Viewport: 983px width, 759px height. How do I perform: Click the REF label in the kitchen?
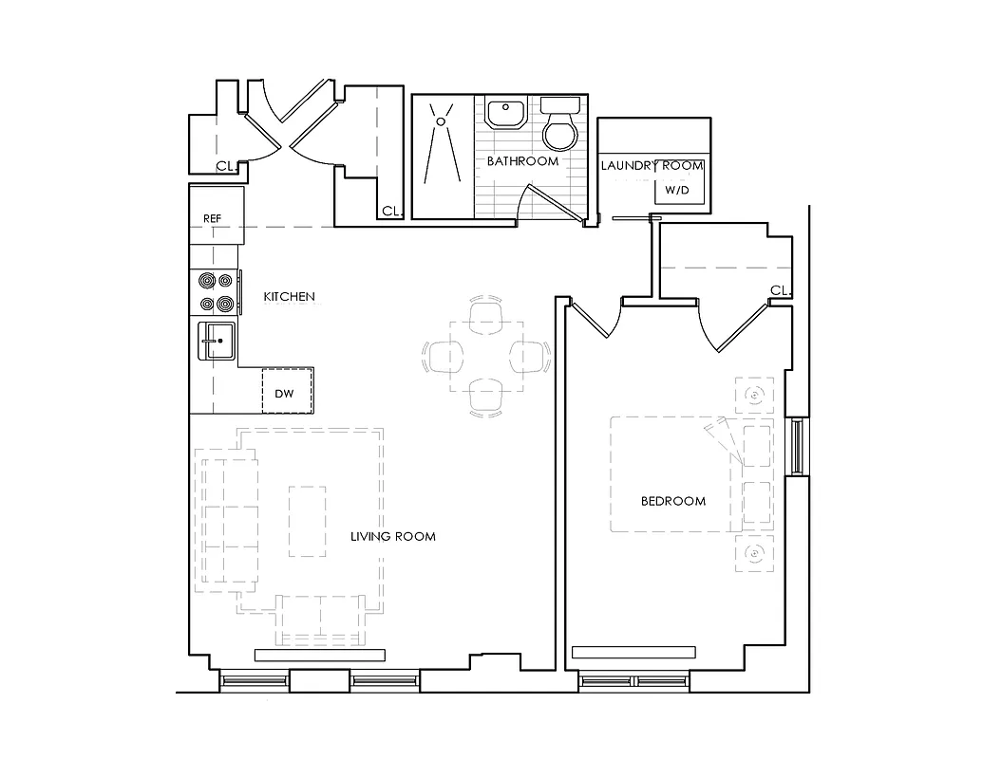[212, 218]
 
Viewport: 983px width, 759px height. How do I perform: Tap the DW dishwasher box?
[284, 393]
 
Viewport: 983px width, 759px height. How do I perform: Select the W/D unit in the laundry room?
[677, 190]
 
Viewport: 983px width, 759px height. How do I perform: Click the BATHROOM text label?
[522, 161]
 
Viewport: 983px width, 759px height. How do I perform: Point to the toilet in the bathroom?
[560, 128]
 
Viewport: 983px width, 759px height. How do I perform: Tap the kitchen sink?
[217, 340]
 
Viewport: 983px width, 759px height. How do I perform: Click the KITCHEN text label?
[289, 297]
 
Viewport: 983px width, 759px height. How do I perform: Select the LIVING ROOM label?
[392, 536]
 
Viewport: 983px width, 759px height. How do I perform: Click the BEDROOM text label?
[672, 501]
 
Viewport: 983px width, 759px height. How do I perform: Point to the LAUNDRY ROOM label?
[652, 166]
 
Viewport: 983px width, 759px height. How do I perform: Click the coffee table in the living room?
[307, 521]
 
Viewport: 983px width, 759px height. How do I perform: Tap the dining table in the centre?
[486, 357]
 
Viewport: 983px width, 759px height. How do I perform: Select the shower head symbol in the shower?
[440, 120]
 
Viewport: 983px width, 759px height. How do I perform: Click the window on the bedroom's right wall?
[797, 445]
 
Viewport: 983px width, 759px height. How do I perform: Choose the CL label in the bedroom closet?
[780, 290]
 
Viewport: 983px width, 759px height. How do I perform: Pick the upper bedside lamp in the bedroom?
[754, 394]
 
